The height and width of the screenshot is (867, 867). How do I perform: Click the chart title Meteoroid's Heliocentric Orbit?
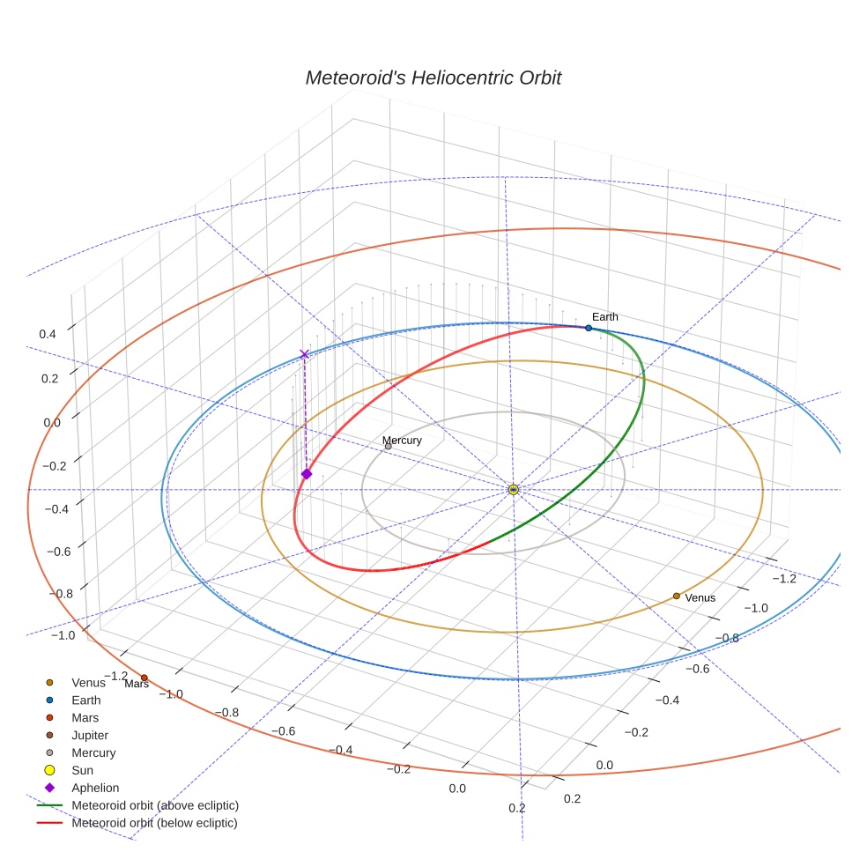[433, 78]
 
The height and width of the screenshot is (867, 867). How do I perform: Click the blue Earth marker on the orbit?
[589, 328]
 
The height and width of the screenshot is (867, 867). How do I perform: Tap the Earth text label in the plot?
[604, 316]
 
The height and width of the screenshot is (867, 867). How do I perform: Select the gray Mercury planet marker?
[388, 447]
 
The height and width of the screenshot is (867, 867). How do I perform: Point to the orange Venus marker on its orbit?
[676, 597]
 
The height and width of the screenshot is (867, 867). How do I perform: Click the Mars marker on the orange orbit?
[144, 678]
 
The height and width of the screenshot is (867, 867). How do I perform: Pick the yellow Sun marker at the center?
[513, 489]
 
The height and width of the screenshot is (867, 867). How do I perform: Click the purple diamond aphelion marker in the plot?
[306, 474]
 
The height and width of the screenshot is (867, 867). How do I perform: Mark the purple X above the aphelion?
[305, 354]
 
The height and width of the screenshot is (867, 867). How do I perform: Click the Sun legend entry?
[82, 770]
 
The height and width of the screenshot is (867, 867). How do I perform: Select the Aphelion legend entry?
[94, 788]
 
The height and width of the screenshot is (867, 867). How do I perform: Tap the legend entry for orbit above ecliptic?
[155, 805]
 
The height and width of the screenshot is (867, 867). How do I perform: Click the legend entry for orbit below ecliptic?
[154, 823]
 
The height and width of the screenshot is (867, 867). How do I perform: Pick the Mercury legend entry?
[93, 752]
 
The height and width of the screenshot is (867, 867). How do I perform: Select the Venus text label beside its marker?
[700, 597]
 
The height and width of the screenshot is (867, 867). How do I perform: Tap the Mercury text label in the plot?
[402, 441]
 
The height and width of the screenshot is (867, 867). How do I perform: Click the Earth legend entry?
[85, 700]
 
